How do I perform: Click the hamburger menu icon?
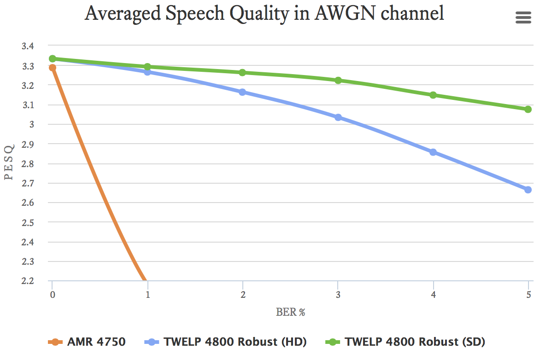pos(523,17)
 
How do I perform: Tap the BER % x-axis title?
pos(291,312)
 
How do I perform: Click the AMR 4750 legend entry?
pos(87,342)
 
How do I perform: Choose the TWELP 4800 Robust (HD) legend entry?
pos(226,342)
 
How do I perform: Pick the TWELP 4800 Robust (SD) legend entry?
pos(405,342)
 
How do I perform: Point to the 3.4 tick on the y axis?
pos(28,46)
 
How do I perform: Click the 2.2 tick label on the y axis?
pos(28,281)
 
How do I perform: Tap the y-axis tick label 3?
pos(32,124)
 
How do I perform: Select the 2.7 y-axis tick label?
pos(28,183)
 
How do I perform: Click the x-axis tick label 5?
pos(528,295)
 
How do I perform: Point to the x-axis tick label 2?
pos(242,295)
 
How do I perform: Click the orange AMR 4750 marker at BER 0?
pos(53,68)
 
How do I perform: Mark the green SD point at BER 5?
pos(528,109)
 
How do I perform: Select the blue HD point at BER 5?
pos(528,190)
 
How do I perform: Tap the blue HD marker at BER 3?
pos(338,117)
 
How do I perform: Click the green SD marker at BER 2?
pos(242,73)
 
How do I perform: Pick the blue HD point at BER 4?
pos(433,152)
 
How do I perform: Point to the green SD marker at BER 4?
pos(433,95)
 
